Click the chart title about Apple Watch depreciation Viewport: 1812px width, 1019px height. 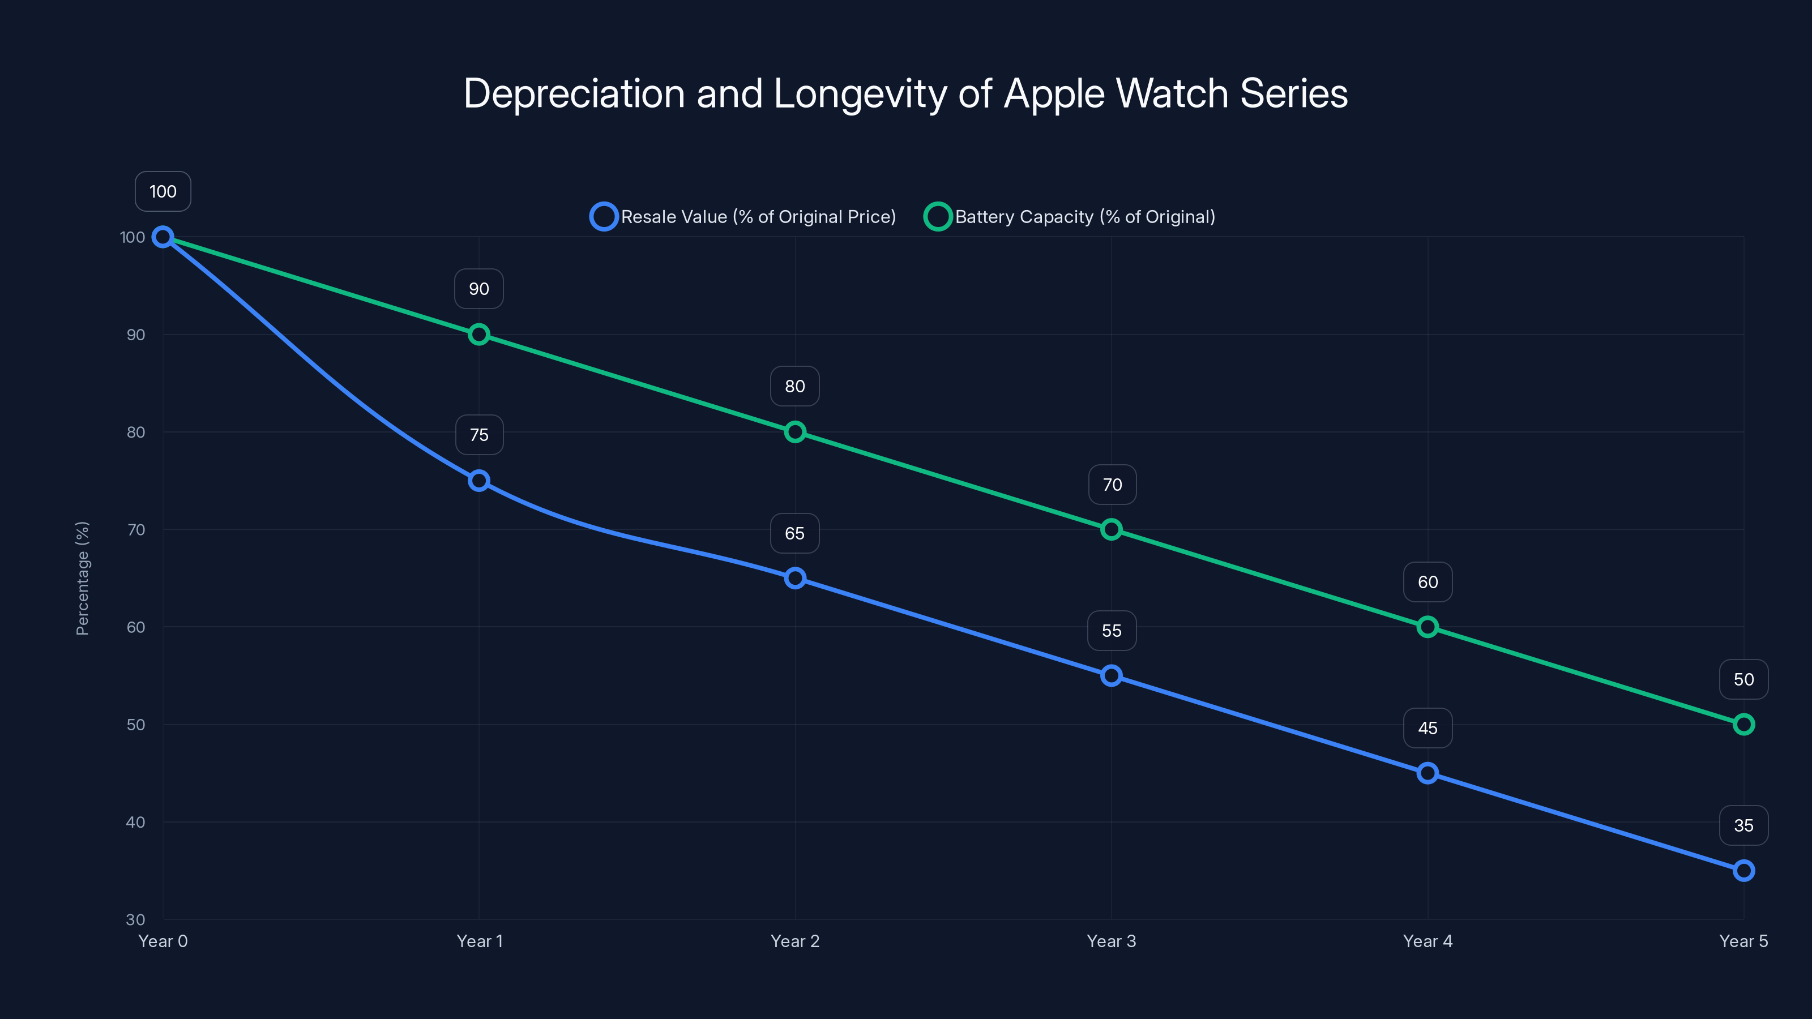905,93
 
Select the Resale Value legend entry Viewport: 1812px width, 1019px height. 743,217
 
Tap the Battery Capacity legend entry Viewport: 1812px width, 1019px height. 1070,217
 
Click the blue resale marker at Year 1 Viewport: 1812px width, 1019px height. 479,481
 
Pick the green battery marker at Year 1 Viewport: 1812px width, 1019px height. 479,335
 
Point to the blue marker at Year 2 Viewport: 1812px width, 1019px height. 795,578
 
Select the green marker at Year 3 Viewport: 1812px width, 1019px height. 1112,529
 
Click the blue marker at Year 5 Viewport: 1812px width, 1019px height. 1744,871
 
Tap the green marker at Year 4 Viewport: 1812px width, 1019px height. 1427,627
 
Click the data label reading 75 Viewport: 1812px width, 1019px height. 479,435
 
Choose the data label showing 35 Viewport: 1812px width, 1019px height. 1744,825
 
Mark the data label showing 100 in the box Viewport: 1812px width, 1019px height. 163,191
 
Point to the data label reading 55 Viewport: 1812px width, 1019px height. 1112,631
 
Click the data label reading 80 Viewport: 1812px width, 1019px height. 795,386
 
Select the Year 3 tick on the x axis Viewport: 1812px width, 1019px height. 1112,941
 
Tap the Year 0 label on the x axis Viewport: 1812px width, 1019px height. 163,941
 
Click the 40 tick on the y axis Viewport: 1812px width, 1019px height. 136,822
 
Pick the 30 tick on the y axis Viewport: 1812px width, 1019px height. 136,919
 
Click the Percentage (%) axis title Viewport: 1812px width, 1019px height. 82,578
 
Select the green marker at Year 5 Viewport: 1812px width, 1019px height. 1744,725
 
